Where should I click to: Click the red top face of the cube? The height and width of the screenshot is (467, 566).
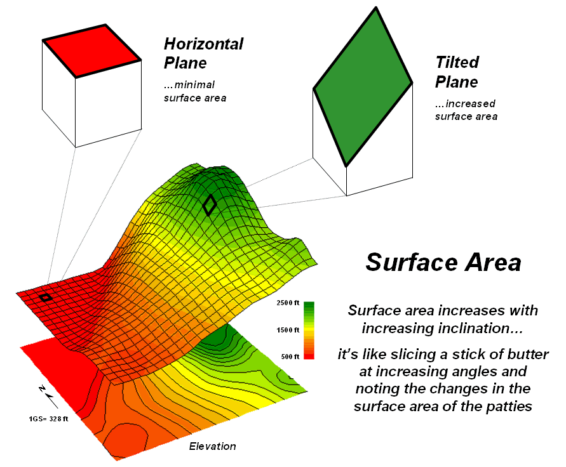point(91,51)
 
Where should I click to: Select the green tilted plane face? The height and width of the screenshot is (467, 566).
point(363,86)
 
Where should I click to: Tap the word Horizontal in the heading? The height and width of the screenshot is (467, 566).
point(203,44)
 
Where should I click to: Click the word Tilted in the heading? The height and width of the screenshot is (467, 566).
point(457,62)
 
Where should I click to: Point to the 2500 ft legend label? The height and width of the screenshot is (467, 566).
point(288,303)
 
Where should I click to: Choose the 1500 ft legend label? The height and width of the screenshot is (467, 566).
point(288,329)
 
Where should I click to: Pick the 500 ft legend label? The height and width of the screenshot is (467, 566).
point(290,357)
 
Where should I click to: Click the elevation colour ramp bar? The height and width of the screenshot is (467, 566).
point(309,331)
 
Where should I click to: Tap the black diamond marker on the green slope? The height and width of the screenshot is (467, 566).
point(210,205)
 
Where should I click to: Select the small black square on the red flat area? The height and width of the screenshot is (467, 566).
point(46,298)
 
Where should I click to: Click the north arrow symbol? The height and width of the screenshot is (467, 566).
point(48,396)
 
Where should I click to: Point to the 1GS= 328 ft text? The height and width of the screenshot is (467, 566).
point(48,419)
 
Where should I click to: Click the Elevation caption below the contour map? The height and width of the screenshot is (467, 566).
point(212,446)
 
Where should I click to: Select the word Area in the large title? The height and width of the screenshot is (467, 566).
point(494,262)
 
